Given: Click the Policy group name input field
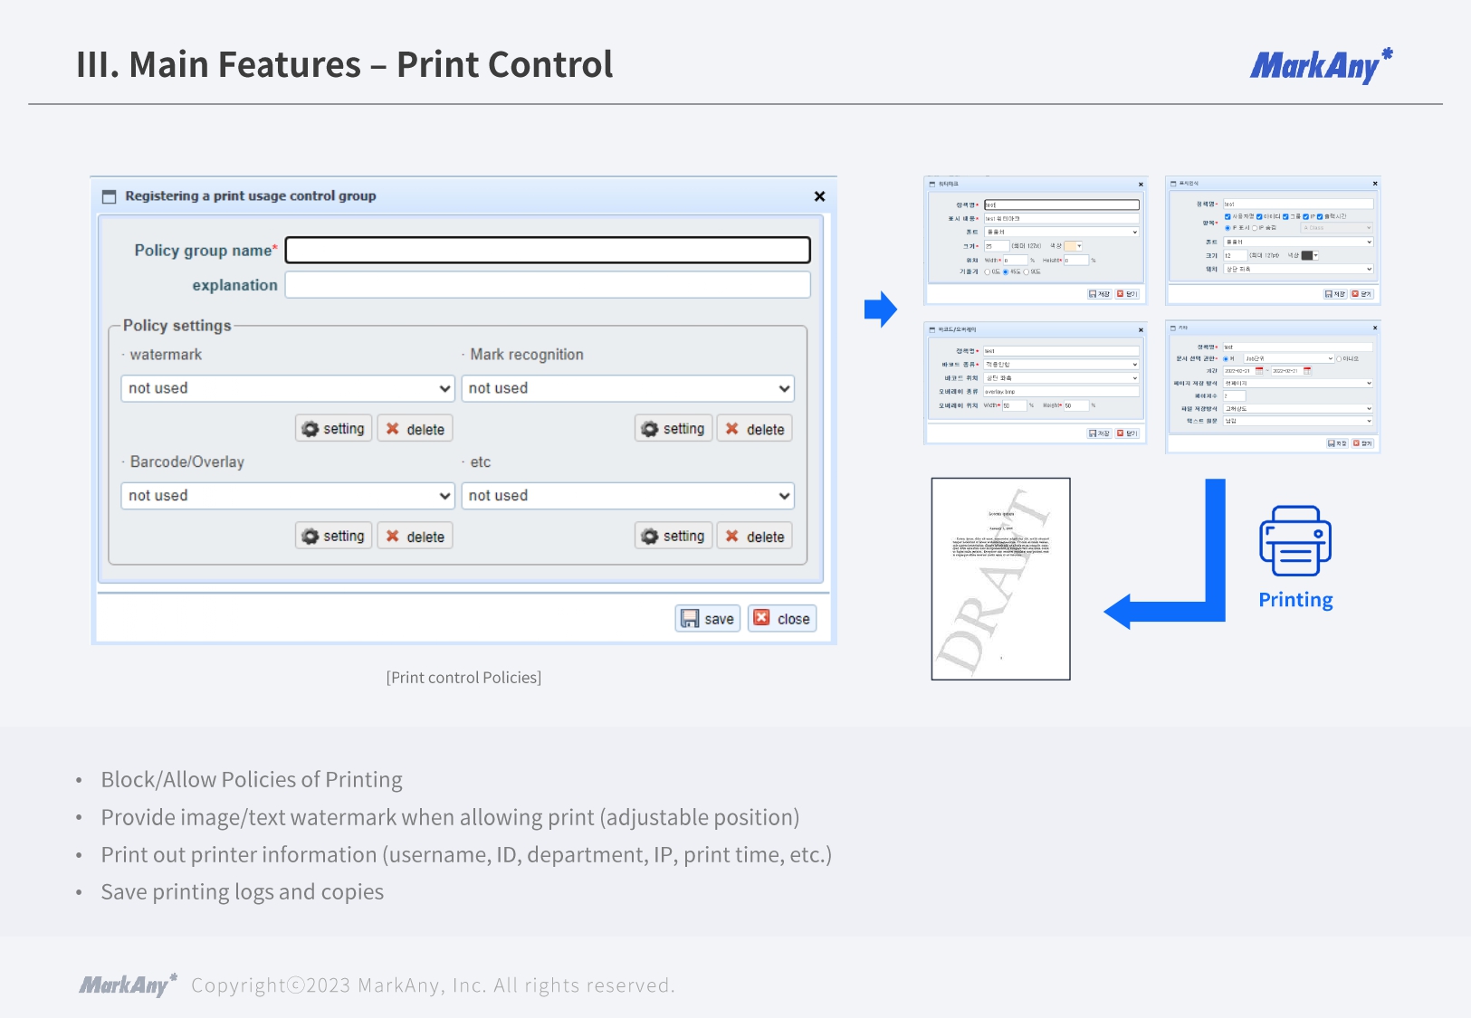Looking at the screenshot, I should tap(547, 250).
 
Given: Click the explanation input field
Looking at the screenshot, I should tap(547, 285).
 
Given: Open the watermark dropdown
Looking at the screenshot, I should tap(287, 388).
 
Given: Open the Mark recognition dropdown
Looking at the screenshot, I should tap(627, 388).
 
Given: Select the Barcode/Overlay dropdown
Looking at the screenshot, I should tap(287, 496).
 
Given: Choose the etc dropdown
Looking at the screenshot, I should tap(627, 496).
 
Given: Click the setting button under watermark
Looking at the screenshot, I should tap(334, 429).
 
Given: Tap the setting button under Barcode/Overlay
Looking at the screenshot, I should tap(334, 537).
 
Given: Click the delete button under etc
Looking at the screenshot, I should tap(755, 537).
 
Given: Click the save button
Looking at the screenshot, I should tap(708, 619).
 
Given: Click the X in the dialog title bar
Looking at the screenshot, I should tap(819, 196).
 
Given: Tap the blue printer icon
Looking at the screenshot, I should tap(1295, 540).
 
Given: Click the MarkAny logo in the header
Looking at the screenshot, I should tap(1321, 66).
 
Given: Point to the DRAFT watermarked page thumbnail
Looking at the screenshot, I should tap(1000, 579).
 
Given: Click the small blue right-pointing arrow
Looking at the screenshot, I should tap(880, 309).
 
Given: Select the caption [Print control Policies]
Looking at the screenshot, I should tap(463, 678).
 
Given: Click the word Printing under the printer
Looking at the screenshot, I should tap(1295, 600).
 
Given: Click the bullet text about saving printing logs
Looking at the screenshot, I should tap(243, 892).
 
